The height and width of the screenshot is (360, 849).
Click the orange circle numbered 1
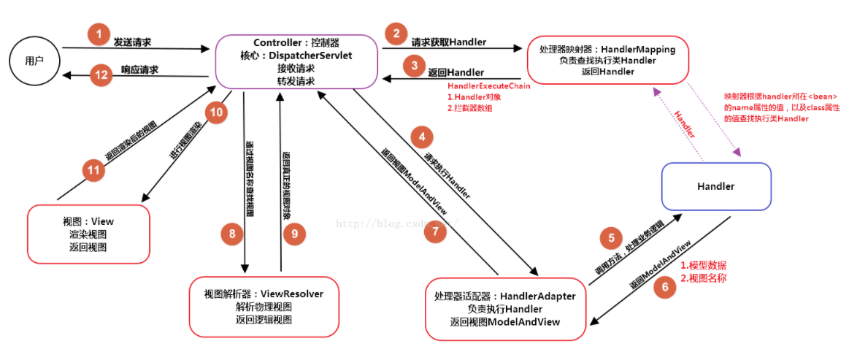[97, 34]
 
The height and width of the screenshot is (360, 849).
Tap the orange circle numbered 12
[100, 74]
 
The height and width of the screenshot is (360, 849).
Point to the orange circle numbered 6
[664, 287]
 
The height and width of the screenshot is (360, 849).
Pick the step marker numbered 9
[294, 234]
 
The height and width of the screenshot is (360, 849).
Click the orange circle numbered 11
[93, 170]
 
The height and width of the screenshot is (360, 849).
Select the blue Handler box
[715, 186]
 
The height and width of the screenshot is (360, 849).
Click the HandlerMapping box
[607, 61]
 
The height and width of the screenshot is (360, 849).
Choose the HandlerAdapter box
[505, 309]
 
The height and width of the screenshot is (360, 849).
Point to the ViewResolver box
[264, 306]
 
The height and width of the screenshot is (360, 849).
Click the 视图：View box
[88, 234]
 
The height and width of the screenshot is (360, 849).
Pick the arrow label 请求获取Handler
[448, 42]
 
